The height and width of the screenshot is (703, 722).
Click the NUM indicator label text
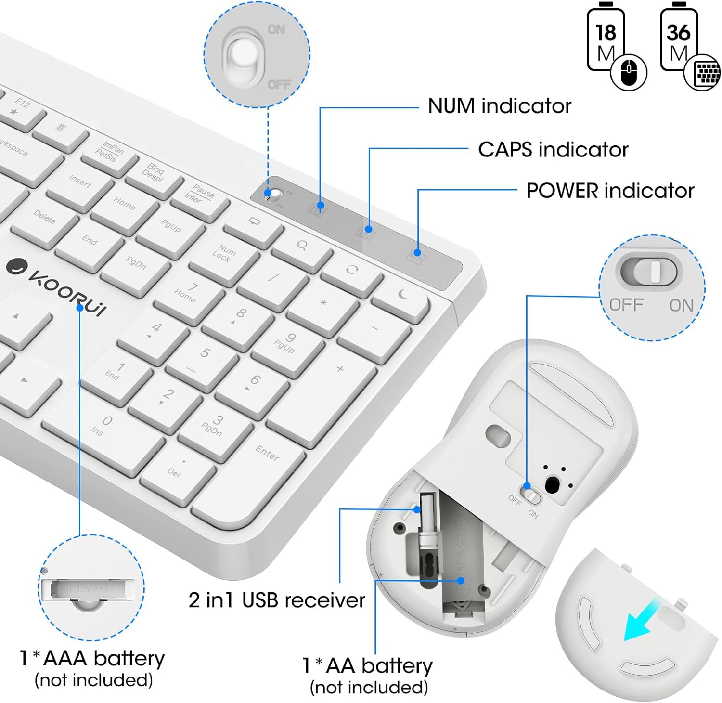(499, 106)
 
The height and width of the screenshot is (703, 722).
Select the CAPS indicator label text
(553, 150)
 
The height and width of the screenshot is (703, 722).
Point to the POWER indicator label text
(610, 191)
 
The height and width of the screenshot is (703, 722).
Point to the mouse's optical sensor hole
(553, 484)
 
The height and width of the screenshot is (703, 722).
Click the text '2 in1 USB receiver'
(277, 600)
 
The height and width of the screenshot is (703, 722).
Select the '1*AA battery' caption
(368, 666)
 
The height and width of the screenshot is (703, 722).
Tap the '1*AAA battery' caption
(92, 658)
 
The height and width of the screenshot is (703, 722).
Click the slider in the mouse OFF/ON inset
(654, 271)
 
